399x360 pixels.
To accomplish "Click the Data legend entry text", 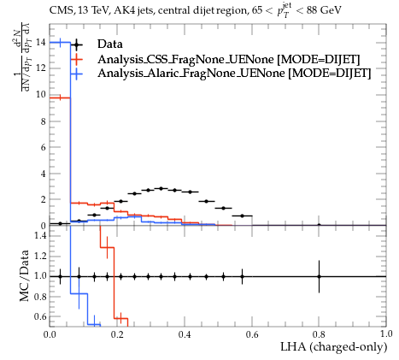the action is pyautogui.click(x=110, y=44).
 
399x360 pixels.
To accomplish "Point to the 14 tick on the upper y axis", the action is pyautogui.click(x=41, y=43).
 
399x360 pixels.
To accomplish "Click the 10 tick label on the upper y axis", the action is pyautogui.click(x=41, y=95).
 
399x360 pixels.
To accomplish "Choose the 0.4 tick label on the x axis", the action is pyautogui.click(x=185, y=334).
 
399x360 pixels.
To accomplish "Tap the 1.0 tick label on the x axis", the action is pyautogui.click(x=386, y=334).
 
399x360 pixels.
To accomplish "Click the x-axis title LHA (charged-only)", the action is pyautogui.click(x=334, y=347).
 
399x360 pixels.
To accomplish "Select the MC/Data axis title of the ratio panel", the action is pyautogui.click(x=25, y=275).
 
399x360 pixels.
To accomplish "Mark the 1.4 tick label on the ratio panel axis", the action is pyautogui.click(x=40, y=235).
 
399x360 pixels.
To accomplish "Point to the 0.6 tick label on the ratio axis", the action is pyautogui.click(x=40, y=316).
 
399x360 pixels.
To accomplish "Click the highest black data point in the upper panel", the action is pyautogui.click(x=161, y=188).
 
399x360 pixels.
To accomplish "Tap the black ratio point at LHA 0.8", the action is pyautogui.click(x=319, y=276).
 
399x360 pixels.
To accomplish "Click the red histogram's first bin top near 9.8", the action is pyautogui.click(x=60, y=98).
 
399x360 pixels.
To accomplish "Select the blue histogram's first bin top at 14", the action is pyautogui.click(x=60, y=43).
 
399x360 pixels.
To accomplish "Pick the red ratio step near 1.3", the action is pyautogui.click(x=107, y=248).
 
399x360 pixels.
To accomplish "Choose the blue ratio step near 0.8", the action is pyautogui.click(x=79, y=293).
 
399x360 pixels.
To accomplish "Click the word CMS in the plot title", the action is pyautogui.click(x=60, y=11).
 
